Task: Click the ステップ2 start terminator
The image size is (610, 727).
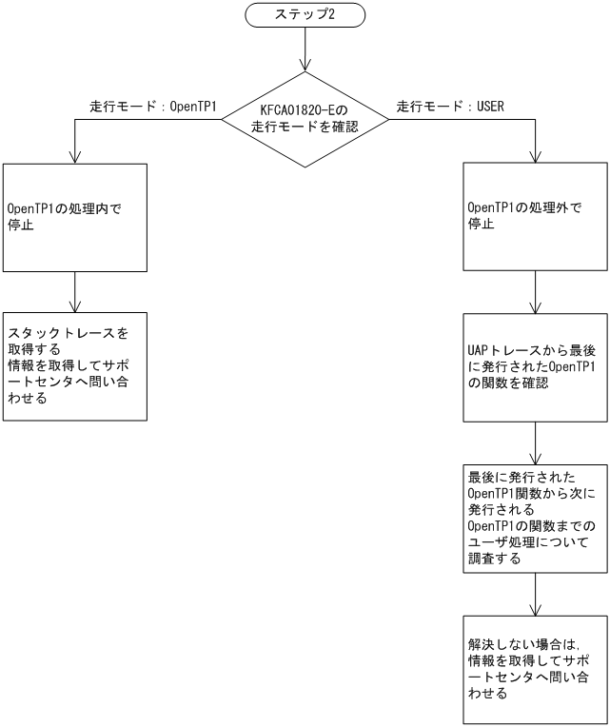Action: click(305, 15)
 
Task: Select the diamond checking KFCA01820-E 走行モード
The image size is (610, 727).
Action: click(305, 120)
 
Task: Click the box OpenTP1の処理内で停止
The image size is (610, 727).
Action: click(75, 217)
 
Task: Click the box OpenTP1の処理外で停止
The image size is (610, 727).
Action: click(535, 217)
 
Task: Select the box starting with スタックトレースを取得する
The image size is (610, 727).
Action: click(75, 366)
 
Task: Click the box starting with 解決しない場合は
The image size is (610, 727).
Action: click(535, 669)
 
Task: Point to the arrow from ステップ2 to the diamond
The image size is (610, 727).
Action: click(305, 49)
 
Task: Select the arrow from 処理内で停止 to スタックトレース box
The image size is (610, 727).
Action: click(75, 292)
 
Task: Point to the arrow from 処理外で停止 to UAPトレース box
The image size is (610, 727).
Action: click(535, 292)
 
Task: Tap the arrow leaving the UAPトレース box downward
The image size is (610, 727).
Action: click(535, 442)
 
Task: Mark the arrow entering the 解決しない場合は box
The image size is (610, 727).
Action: click(535, 595)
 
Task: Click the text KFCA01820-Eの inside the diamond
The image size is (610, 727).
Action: click(305, 109)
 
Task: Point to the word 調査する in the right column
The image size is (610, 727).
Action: click(494, 560)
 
